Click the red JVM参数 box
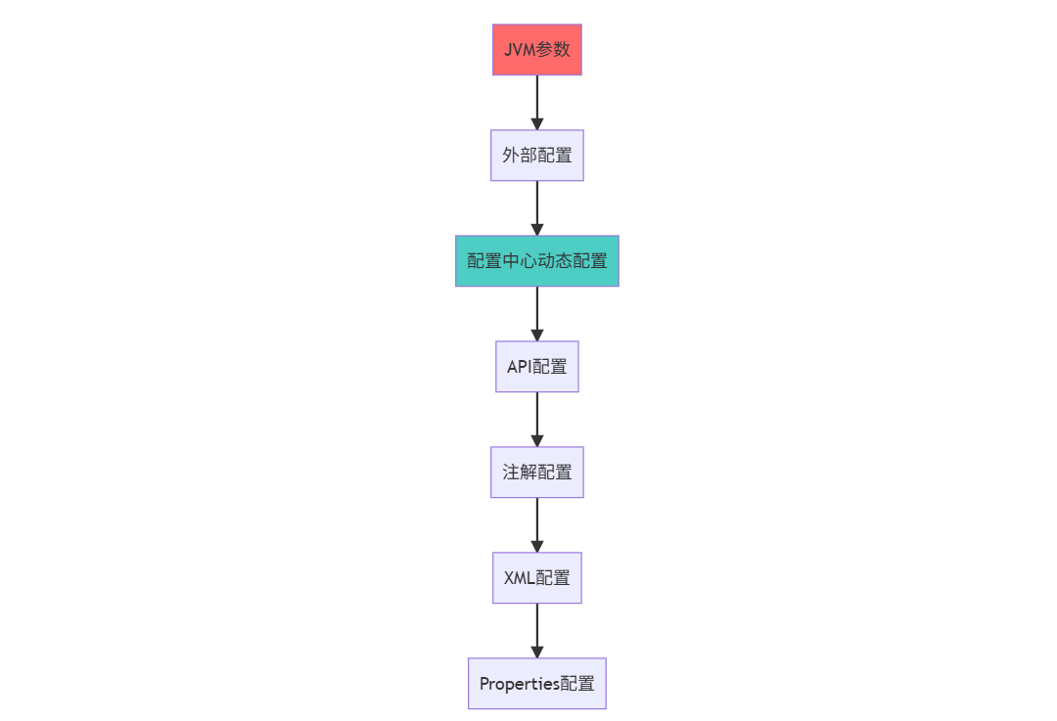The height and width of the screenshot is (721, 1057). (x=536, y=50)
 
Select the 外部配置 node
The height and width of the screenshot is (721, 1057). (x=536, y=156)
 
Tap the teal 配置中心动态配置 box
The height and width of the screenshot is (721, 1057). (x=536, y=261)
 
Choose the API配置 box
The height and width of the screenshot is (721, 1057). (x=536, y=367)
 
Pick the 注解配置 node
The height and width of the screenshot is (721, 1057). (x=536, y=473)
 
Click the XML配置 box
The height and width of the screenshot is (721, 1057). (x=536, y=578)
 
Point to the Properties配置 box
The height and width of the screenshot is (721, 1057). (x=536, y=684)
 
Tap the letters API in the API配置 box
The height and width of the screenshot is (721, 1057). (x=519, y=367)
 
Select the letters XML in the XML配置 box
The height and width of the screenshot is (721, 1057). (x=519, y=578)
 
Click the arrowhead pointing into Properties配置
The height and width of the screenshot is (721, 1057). (x=536, y=651)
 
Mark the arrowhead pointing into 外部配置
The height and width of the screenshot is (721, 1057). (x=536, y=123)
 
